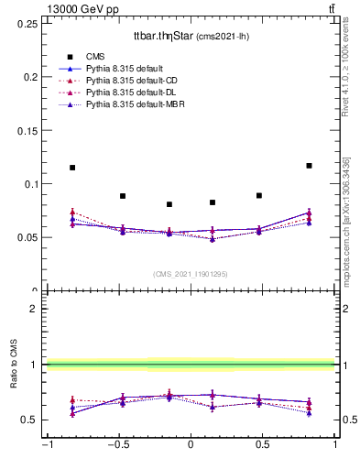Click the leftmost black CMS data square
tap(72, 168)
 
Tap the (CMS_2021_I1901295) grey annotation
tap(190, 274)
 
